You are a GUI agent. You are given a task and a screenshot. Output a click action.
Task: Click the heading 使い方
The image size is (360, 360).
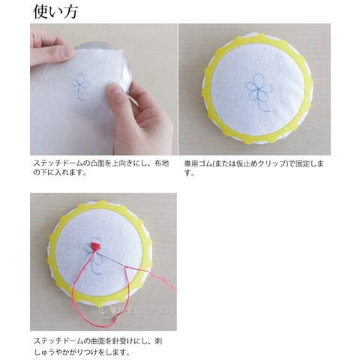(55, 12)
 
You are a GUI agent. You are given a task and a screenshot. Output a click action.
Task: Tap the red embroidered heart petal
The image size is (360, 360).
(96, 247)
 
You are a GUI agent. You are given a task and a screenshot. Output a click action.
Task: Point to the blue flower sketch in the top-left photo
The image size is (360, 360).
(81, 87)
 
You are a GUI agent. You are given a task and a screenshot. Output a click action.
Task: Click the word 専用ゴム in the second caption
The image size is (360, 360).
(197, 163)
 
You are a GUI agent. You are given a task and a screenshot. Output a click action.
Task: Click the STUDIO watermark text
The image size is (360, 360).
(149, 311)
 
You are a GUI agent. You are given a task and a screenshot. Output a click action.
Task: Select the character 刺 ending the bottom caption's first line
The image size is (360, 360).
(158, 341)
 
